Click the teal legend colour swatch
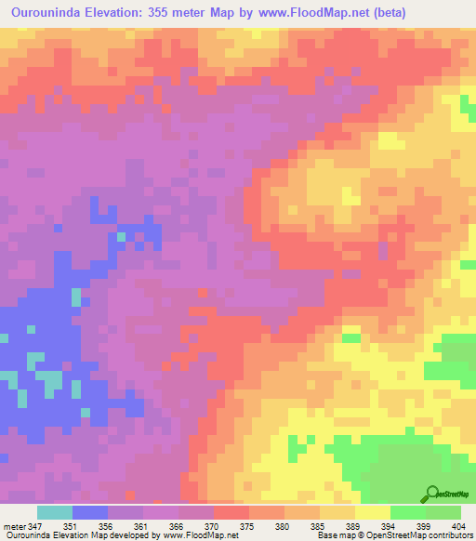[x=54, y=512]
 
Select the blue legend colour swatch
[x=89, y=512]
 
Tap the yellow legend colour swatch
[x=372, y=512]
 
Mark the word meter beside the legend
[x=14, y=526]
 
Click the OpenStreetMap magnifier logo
[x=432, y=494]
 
